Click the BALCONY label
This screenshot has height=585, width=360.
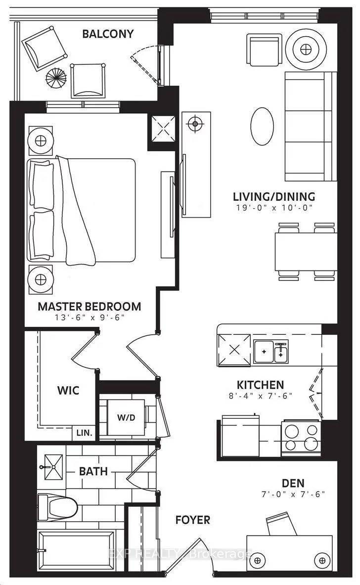click(x=108, y=34)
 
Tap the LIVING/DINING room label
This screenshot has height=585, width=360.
click(x=274, y=196)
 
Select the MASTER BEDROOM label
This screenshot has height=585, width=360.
click(x=90, y=306)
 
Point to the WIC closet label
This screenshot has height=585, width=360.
click(x=68, y=390)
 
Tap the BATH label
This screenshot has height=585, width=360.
click(x=93, y=471)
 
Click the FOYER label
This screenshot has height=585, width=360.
click(x=193, y=520)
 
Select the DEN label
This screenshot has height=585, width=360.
click(x=293, y=483)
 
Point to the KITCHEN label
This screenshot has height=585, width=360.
click(x=260, y=385)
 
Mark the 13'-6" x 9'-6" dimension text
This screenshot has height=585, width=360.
click(x=90, y=317)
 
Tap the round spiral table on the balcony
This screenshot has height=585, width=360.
click(x=56, y=77)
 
